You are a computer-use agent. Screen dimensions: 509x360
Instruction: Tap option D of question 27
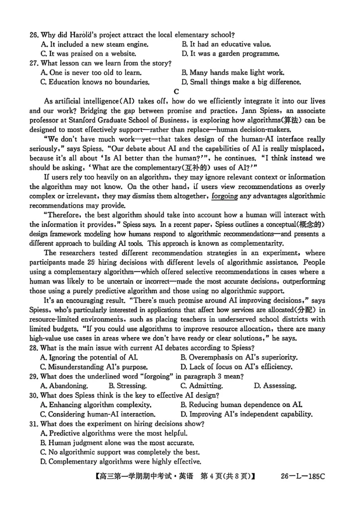241,82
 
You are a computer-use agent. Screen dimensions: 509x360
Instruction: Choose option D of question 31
121,461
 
